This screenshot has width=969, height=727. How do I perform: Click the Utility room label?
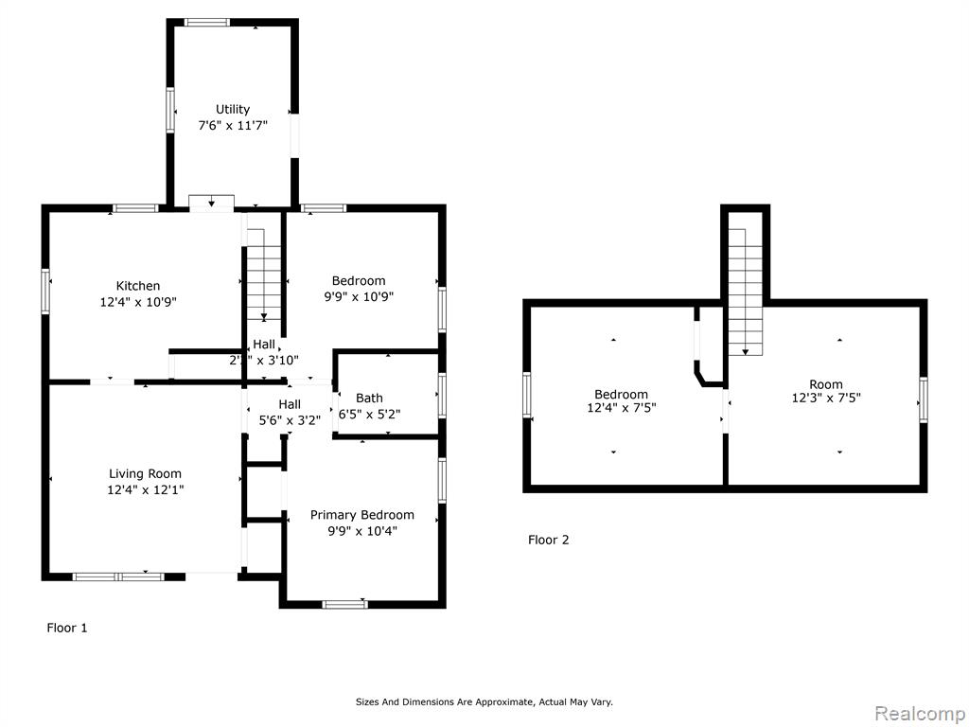(233, 109)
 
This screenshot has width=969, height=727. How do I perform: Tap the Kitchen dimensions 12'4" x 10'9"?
(138, 302)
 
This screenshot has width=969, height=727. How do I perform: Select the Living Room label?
(145, 473)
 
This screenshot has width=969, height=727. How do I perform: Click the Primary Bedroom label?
(362, 515)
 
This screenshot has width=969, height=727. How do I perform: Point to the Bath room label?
(369, 398)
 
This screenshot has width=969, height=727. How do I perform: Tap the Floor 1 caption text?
(67, 628)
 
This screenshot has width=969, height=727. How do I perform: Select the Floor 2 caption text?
(548, 540)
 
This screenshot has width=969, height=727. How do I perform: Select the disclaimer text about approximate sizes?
(484, 701)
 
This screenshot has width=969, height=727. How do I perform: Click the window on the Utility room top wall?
(207, 22)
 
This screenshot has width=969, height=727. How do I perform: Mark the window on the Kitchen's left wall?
(44, 292)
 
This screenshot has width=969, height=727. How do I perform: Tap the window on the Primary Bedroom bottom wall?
(344, 604)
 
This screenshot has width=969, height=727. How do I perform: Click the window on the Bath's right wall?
(442, 397)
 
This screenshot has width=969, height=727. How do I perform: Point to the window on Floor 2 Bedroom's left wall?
(527, 396)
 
